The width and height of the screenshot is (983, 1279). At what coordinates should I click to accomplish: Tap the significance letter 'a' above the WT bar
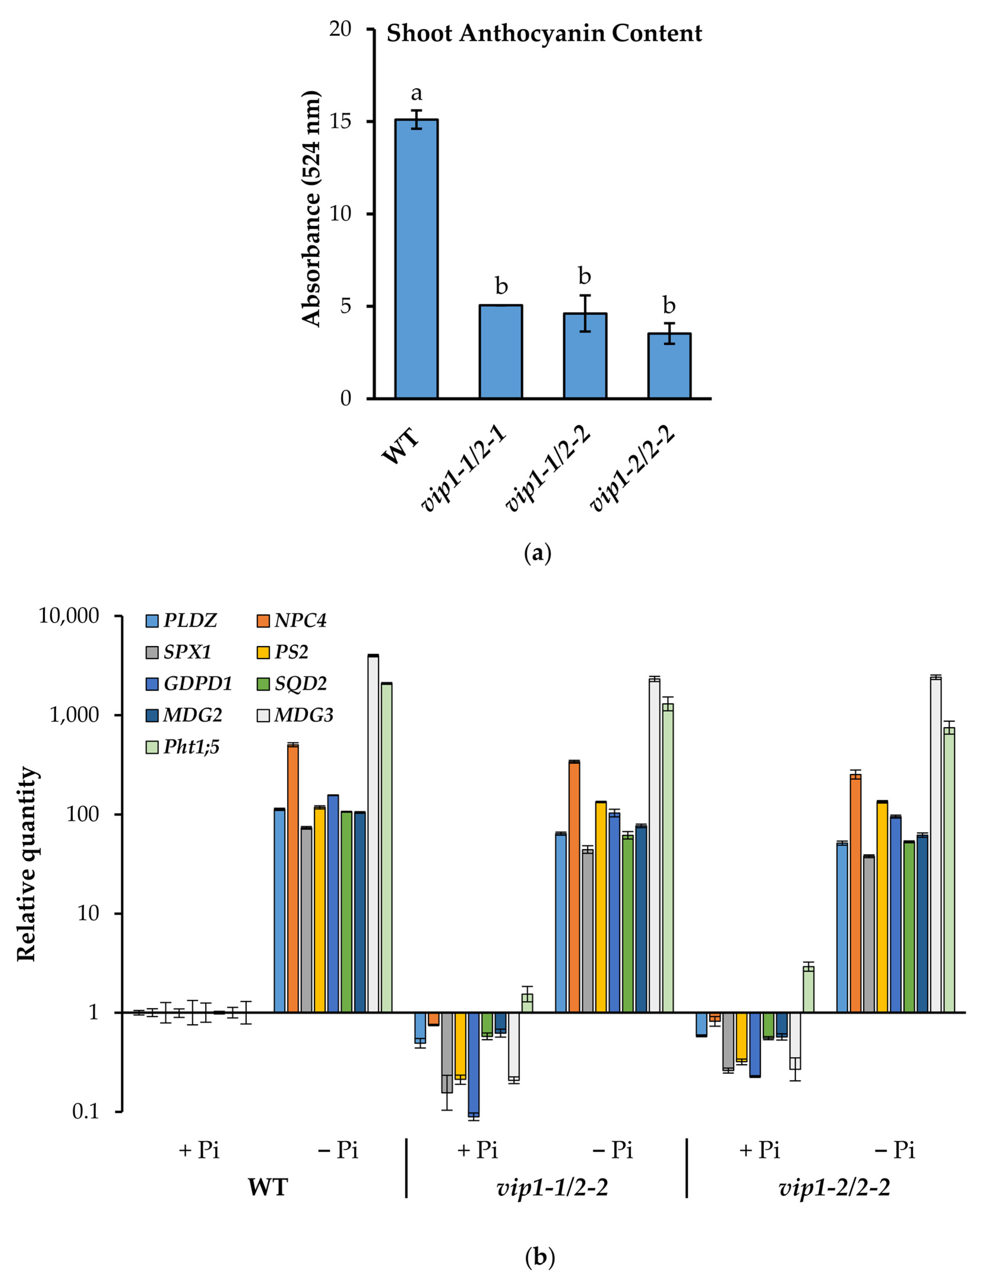416,93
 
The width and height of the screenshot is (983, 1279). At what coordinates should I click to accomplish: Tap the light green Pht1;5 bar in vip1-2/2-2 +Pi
808,989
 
